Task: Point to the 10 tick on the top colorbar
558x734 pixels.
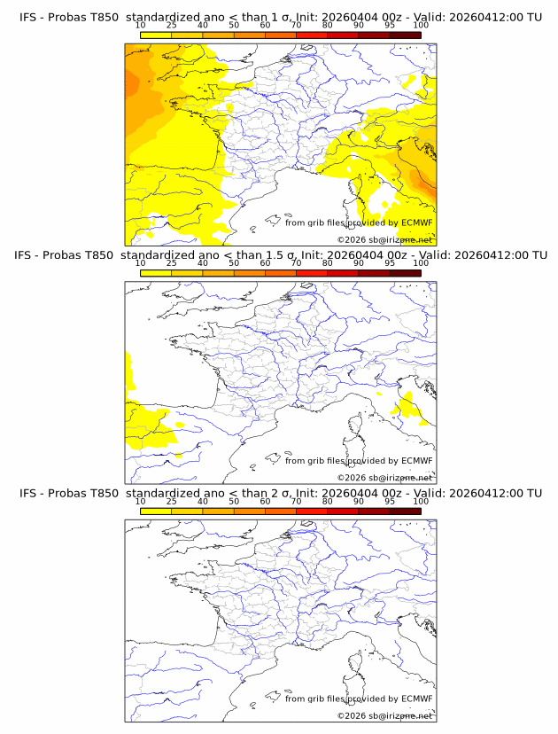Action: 141,26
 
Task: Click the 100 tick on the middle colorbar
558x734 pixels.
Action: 421,263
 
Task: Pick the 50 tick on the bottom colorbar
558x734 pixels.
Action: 234,501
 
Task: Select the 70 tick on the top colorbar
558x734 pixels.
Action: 296,26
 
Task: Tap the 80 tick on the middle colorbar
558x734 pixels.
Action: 328,263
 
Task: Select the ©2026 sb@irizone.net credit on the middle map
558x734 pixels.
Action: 384,478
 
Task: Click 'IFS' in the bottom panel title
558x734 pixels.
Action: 28,493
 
